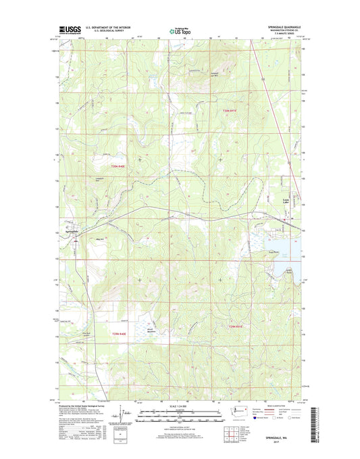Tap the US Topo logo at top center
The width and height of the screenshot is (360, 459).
tap(179, 30)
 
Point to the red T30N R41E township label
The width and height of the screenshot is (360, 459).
tap(231, 110)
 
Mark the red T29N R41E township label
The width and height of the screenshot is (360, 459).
tap(231, 327)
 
